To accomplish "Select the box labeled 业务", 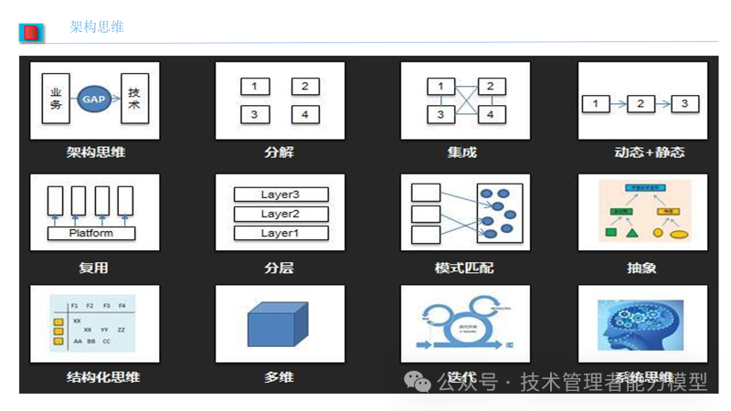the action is [56, 99].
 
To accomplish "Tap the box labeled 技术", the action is [134, 99].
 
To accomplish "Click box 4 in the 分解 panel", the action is [304, 114].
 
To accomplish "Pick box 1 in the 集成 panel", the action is [440, 87].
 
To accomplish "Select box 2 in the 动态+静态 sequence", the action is [641, 103].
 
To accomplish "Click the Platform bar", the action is [91, 233].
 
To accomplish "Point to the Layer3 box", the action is [280, 195].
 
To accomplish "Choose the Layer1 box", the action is [280, 233].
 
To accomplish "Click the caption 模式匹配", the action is [462, 268].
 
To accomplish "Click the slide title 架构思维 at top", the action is [97, 27].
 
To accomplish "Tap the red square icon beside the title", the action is [31, 33].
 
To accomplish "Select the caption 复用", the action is [93, 268].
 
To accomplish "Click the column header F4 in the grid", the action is [122, 305].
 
